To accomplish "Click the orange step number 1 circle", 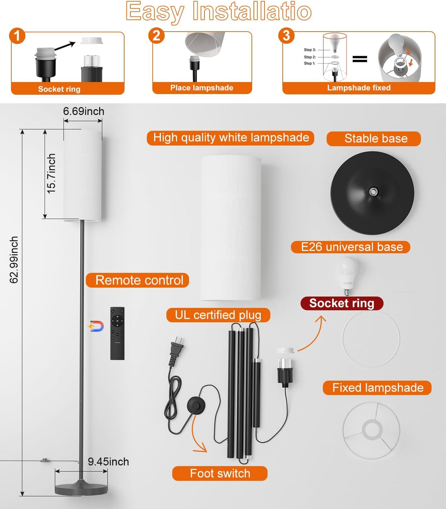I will click(x=17, y=36).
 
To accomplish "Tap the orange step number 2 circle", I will click(x=156, y=36).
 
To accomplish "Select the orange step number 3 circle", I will click(x=286, y=36).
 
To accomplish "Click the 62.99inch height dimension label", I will click(x=14, y=260).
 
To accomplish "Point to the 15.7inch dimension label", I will click(x=51, y=174).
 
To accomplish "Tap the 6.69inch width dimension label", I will click(x=84, y=111).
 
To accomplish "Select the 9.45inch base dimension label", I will click(x=108, y=462).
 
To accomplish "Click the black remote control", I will click(x=117, y=333).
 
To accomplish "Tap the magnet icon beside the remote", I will click(x=96, y=326).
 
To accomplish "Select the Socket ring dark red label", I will click(x=342, y=303).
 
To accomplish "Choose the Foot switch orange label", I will click(x=220, y=473).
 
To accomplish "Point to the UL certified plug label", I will click(x=218, y=315).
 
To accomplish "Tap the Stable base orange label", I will click(x=374, y=138).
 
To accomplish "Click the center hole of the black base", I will click(x=372, y=191).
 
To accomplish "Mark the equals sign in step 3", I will click(x=359, y=59).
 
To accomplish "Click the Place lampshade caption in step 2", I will click(x=202, y=88).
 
